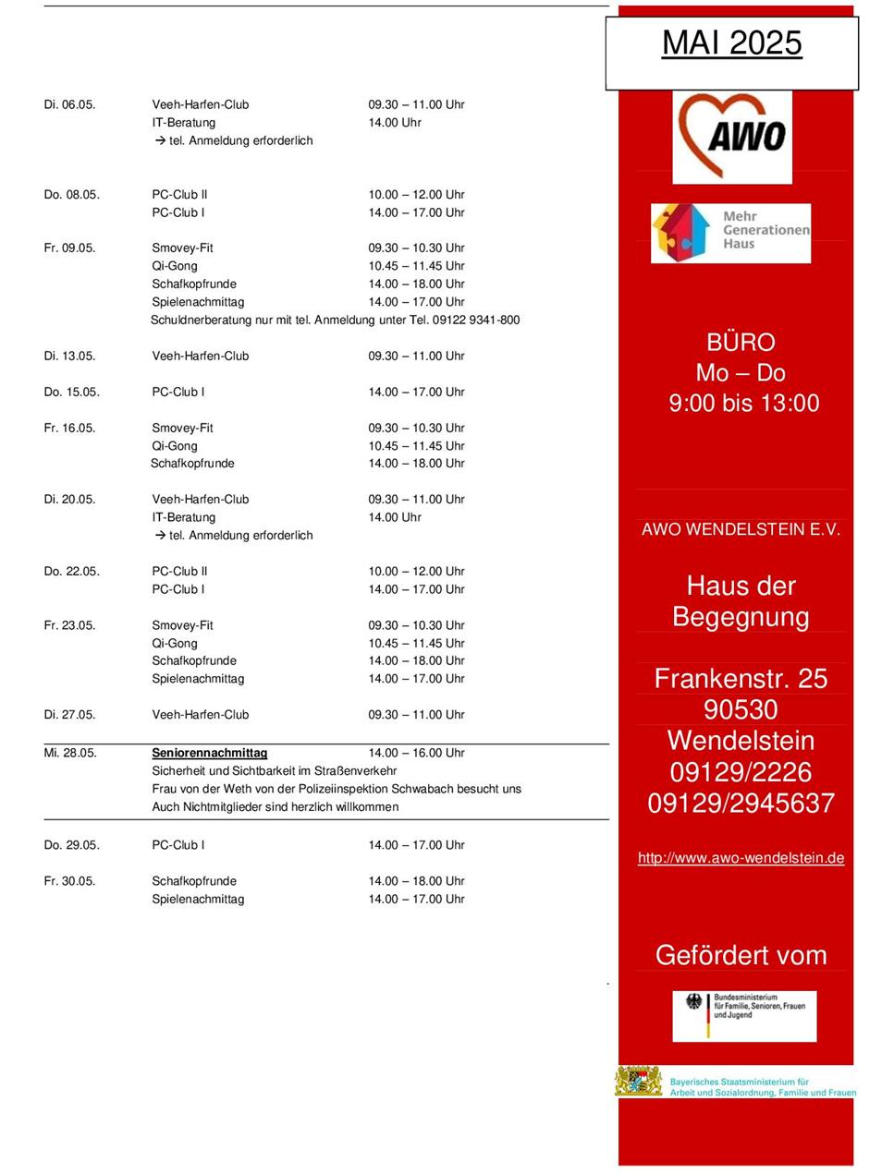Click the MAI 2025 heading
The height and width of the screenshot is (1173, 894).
(x=731, y=43)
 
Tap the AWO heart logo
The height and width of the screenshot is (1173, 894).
(x=731, y=136)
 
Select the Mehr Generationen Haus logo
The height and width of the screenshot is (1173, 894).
(x=730, y=233)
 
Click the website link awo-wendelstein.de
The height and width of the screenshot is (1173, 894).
(x=741, y=858)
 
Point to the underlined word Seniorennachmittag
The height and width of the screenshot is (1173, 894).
(x=209, y=753)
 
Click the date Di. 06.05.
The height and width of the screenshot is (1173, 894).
(x=69, y=104)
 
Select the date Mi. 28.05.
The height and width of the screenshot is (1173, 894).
(x=70, y=753)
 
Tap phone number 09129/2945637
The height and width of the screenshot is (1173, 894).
(x=741, y=804)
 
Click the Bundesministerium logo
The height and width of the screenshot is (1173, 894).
(x=744, y=1015)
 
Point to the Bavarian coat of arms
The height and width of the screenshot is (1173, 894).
(x=639, y=1082)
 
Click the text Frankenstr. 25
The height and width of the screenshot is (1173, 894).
(x=741, y=679)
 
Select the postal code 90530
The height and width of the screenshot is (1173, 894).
(x=741, y=709)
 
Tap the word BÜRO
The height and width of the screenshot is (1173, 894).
(x=741, y=342)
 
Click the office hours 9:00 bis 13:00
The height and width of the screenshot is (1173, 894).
(x=744, y=403)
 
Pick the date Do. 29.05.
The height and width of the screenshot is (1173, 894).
(x=71, y=845)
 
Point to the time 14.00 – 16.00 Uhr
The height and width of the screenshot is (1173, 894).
(x=416, y=753)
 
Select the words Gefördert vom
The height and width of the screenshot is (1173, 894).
(x=741, y=955)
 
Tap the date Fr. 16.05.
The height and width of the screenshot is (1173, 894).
(x=69, y=428)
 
